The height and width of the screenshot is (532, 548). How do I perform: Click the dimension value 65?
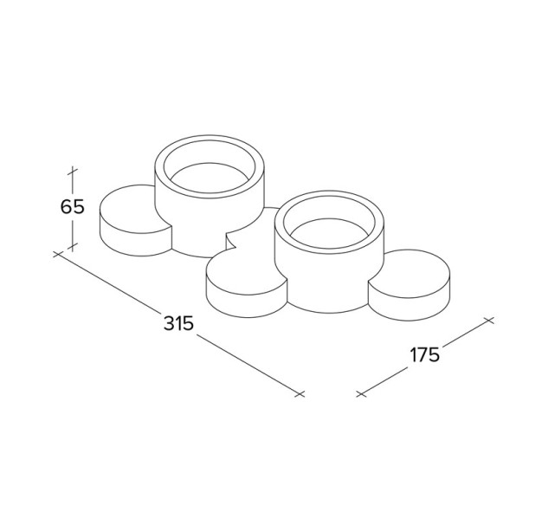[73, 207]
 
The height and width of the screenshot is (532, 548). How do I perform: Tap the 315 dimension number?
[178, 323]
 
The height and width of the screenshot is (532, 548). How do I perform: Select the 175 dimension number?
[424, 355]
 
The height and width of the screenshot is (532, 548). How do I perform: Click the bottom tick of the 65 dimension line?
[73, 247]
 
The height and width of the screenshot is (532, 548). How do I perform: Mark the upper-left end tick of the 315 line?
[58, 254]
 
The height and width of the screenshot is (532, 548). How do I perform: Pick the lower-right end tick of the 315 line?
[300, 394]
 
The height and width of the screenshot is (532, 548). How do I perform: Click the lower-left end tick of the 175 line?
[361, 394]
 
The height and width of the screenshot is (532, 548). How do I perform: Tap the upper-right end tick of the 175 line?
[488, 321]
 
